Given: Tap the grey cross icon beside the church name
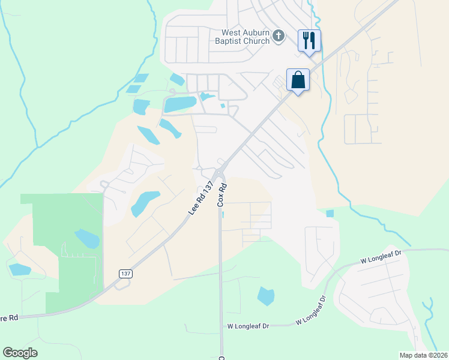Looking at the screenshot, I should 278,37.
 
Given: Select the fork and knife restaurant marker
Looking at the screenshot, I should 309,41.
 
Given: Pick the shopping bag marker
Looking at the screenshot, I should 298,79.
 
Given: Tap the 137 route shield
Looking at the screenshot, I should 125,274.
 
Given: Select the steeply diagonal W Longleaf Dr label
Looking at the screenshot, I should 310,310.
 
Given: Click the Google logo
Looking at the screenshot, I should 20,353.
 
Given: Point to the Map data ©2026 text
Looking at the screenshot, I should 423,355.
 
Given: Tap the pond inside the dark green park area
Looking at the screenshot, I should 87,238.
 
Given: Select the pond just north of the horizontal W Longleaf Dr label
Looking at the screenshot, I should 265,296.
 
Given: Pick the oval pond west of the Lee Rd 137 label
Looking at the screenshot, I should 145,203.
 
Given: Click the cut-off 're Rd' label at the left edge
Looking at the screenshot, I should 9,317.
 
